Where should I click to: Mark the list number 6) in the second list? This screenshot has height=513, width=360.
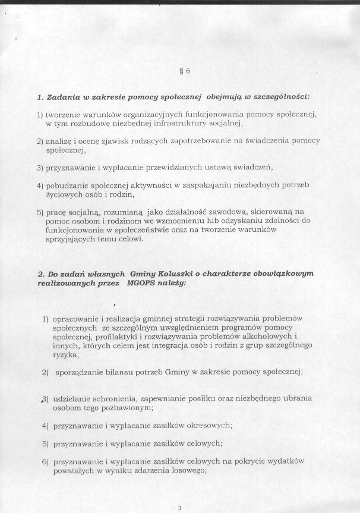pos(45,461)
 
